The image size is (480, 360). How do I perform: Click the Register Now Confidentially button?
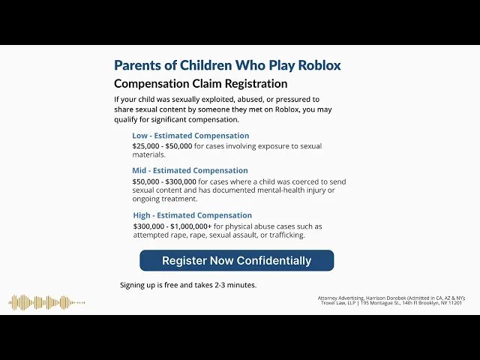[x=237, y=260]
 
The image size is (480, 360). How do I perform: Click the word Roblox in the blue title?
[x=319, y=65]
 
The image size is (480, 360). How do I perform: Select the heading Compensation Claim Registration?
[x=201, y=83]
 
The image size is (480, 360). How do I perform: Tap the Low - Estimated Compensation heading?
[x=190, y=136]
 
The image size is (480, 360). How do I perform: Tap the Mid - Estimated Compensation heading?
[x=190, y=170]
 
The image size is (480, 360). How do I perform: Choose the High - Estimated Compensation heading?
[x=193, y=215]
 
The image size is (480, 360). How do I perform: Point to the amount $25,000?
[x=145, y=146]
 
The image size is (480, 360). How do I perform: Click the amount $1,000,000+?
[x=191, y=226]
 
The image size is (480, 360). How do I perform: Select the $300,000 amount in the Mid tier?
[x=181, y=181]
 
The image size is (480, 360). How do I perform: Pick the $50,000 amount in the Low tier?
[x=178, y=146]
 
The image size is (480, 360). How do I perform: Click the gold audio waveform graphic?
[x=46, y=302]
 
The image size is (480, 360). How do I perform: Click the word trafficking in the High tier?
[x=287, y=235]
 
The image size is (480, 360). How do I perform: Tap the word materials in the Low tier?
[x=148, y=155]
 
